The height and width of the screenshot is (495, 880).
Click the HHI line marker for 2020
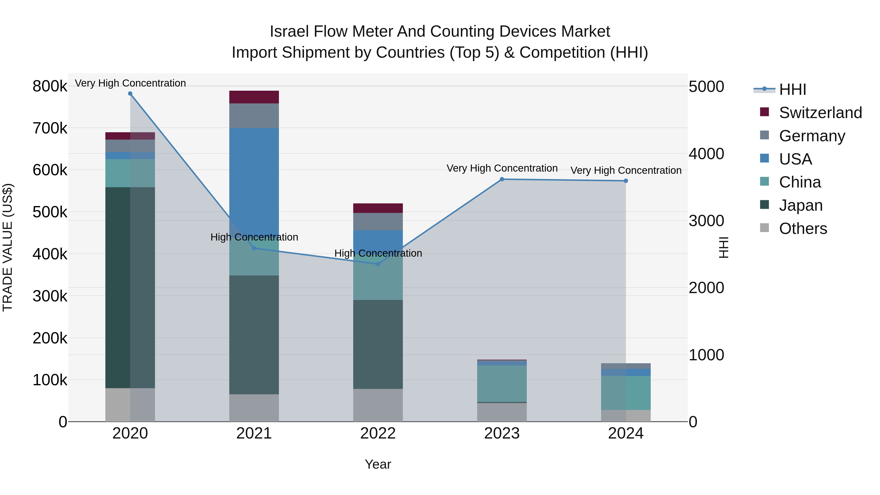pyautogui.click(x=130, y=94)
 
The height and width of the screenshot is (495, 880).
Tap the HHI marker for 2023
pyautogui.click(x=502, y=179)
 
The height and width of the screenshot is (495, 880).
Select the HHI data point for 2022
pyautogui.click(x=378, y=264)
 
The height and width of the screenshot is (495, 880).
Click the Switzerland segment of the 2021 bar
pyautogui.click(x=254, y=97)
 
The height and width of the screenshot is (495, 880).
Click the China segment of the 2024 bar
pyautogui.click(x=626, y=393)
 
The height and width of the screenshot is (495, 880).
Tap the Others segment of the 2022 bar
pyautogui.click(x=378, y=405)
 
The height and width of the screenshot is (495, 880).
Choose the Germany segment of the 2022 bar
pyautogui.click(x=378, y=222)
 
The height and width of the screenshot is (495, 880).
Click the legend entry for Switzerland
pyautogui.click(x=820, y=113)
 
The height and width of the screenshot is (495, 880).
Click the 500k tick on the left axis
pyautogui.click(x=50, y=212)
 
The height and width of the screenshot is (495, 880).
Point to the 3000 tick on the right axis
pyautogui.click(x=706, y=221)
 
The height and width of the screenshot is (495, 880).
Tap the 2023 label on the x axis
pyautogui.click(x=502, y=433)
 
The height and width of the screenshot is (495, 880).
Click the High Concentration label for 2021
pyautogui.click(x=254, y=237)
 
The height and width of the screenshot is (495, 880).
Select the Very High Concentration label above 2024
pyautogui.click(x=626, y=170)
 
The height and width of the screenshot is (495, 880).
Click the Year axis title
pyautogui.click(x=378, y=464)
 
